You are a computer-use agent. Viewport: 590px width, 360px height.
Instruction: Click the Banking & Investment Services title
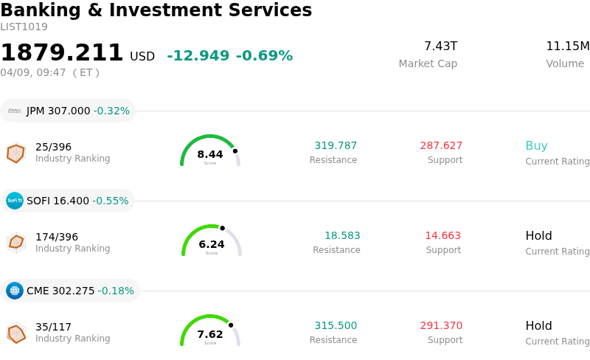pyautogui.click(x=156, y=10)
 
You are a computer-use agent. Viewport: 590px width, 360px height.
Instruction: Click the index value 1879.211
pyautogui.click(x=62, y=53)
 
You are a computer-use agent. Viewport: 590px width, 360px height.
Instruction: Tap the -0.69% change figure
pyautogui.click(x=264, y=56)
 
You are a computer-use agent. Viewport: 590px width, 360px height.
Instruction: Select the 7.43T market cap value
pyautogui.click(x=440, y=46)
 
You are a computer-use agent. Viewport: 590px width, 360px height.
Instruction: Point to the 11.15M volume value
pyautogui.click(x=567, y=46)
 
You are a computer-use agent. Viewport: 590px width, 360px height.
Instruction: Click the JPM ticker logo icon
pyautogui.click(x=15, y=111)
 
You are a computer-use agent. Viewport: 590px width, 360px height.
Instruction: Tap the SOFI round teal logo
pyautogui.click(x=15, y=201)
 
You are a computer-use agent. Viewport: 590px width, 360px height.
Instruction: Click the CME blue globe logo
pyautogui.click(x=15, y=291)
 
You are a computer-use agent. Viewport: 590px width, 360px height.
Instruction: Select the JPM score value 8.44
pyautogui.click(x=210, y=154)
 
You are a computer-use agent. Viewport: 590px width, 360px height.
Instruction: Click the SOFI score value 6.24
pyautogui.click(x=212, y=244)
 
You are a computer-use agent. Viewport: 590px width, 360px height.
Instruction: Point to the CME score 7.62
pyautogui.click(x=210, y=334)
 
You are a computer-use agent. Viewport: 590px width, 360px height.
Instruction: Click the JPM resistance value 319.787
pyautogui.click(x=336, y=145)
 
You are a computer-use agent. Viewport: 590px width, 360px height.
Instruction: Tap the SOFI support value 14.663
pyautogui.click(x=442, y=235)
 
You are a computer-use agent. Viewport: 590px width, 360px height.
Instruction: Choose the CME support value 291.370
pyautogui.click(x=441, y=325)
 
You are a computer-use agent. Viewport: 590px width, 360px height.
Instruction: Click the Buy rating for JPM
pyautogui.click(x=536, y=145)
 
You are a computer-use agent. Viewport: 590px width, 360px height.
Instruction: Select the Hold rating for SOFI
pyautogui.click(x=538, y=235)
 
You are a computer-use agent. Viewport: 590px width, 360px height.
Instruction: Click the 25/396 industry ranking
pyautogui.click(x=53, y=147)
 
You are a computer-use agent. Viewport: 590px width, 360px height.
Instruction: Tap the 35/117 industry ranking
pyautogui.click(x=53, y=327)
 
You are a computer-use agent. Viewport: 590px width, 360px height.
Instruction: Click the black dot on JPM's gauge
pyautogui.click(x=235, y=151)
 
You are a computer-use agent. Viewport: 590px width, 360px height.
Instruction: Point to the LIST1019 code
pyautogui.click(x=24, y=27)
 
